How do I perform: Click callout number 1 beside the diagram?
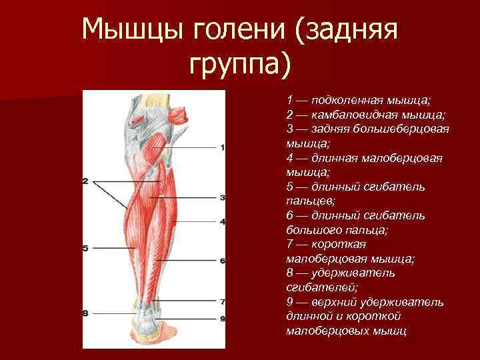tap(222, 147)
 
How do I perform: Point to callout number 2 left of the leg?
tap(85, 181)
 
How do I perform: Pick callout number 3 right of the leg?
tap(222, 197)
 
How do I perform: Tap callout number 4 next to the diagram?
tap(222, 221)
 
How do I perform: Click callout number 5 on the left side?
tap(85, 248)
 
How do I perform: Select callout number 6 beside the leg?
tap(222, 260)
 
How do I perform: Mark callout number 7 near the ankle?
tap(222, 301)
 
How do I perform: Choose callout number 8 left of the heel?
tap(85, 313)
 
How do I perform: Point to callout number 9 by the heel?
tap(222, 319)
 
